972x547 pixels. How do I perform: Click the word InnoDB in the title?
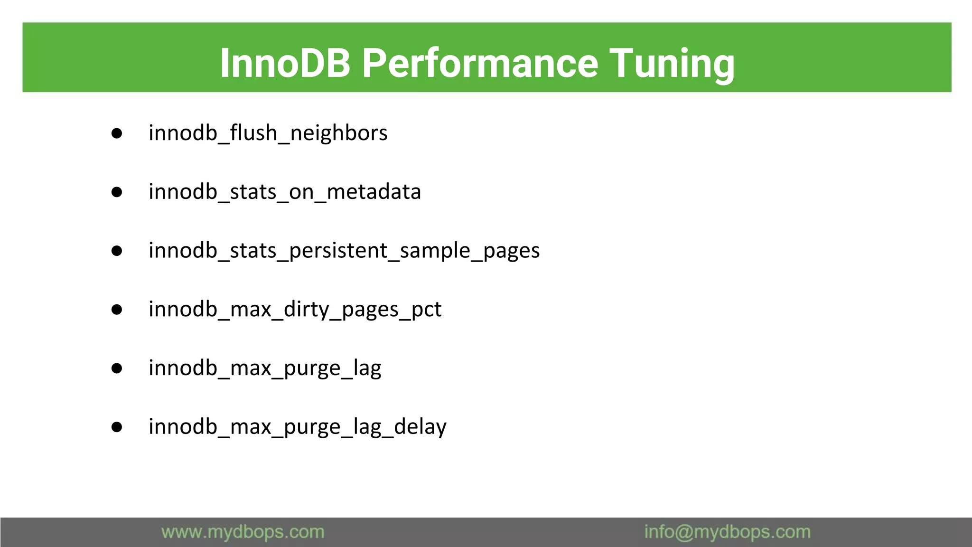click(285, 63)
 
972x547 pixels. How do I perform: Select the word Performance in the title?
click(480, 63)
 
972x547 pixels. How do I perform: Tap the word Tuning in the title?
click(672, 63)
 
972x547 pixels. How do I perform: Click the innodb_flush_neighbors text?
click(268, 133)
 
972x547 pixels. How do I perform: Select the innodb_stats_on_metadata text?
click(284, 192)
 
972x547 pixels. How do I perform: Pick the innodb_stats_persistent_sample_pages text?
click(344, 251)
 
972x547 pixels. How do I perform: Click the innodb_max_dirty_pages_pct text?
click(295, 310)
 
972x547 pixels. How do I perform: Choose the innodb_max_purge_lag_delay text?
click(297, 427)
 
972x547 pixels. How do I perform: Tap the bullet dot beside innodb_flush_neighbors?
click(117, 133)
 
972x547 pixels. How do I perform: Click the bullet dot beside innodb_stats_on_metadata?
click(117, 192)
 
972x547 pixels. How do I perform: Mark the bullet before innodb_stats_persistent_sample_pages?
click(117, 251)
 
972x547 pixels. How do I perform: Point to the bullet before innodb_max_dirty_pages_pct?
click(117, 310)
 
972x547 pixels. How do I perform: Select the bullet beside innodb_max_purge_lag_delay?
click(117, 427)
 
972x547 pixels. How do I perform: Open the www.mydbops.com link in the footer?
click(243, 532)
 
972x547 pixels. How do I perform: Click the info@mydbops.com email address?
click(727, 532)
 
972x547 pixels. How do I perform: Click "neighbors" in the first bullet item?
click(338, 133)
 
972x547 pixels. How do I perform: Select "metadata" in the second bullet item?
click(374, 192)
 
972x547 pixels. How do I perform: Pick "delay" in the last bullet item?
click(420, 427)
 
